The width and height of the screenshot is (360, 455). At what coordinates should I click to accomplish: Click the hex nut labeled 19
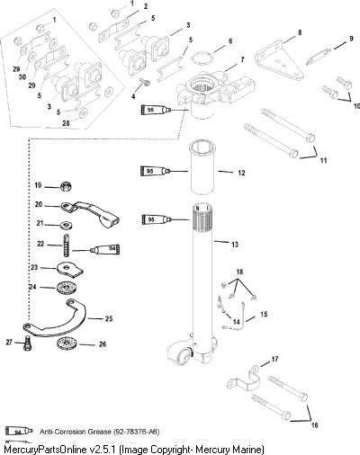66,187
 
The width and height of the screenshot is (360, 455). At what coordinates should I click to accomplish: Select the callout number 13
235,245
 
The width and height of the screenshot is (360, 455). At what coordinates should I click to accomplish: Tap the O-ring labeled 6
202,58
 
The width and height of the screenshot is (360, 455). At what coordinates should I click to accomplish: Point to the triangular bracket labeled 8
280,61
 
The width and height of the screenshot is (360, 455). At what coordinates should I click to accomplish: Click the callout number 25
109,318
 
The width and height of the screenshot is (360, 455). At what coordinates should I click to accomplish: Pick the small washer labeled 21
66,225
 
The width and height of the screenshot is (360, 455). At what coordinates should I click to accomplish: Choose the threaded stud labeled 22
67,245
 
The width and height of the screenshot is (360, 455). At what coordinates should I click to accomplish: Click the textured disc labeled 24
66,288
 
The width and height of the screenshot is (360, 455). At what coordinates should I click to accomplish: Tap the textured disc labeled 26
66,343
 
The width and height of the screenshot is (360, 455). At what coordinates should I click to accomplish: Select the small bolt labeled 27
28,343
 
